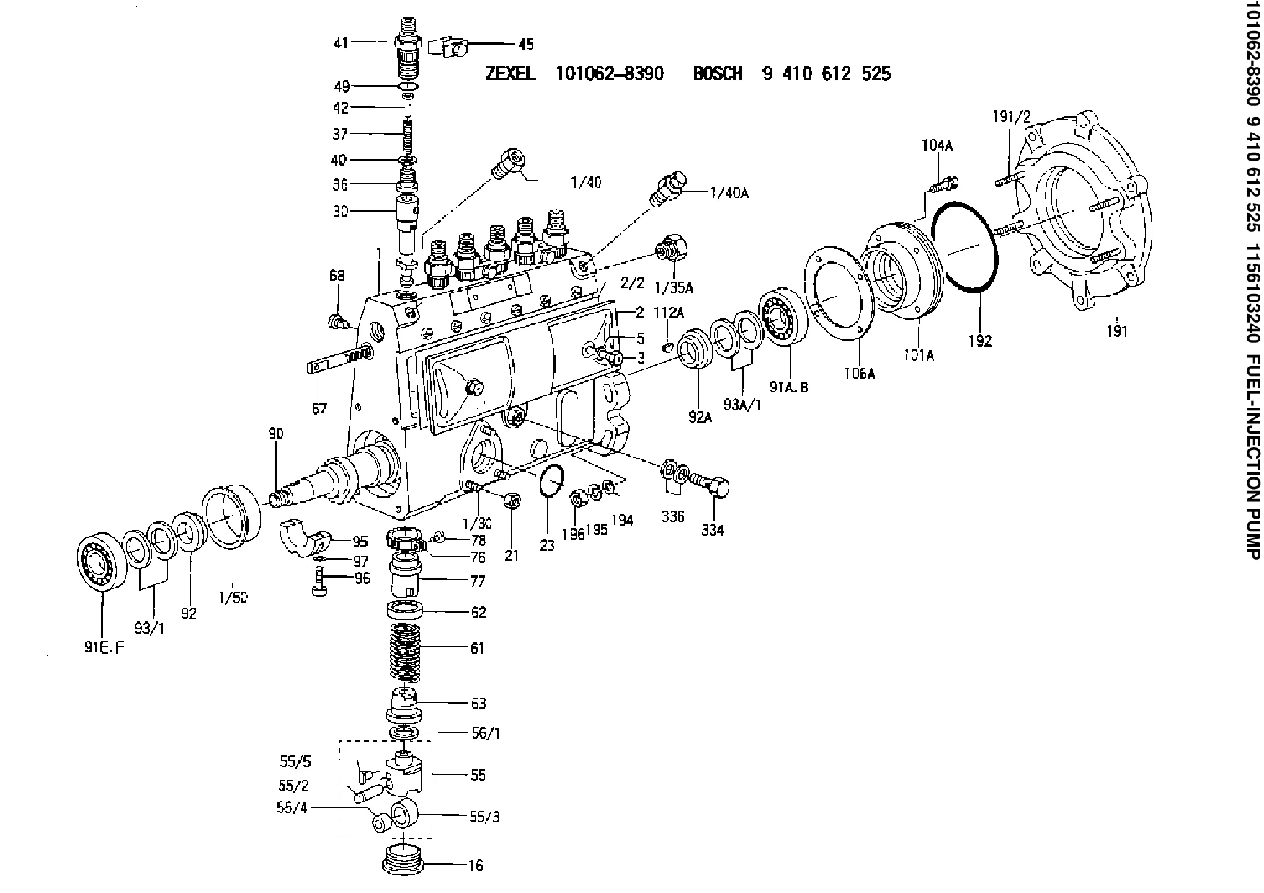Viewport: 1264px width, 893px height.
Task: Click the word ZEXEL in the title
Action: point(510,73)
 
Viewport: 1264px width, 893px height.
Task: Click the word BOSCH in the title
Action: point(718,73)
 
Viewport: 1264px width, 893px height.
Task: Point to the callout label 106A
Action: point(859,374)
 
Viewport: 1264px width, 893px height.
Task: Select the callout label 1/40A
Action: point(729,193)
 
